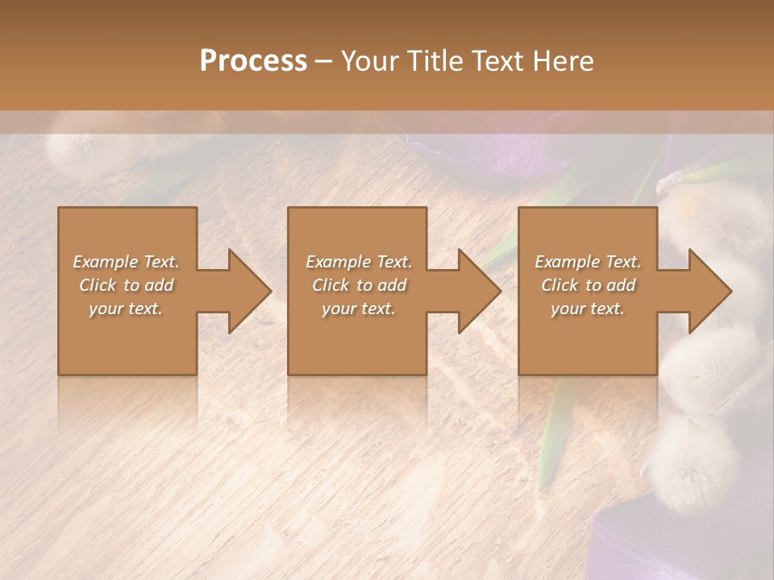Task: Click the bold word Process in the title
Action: click(253, 61)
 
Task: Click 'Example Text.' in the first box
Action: click(126, 262)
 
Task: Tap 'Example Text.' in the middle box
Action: click(359, 262)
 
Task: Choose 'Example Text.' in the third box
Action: click(588, 262)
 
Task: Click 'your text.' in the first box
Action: click(126, 309)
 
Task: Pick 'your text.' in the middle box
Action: click(359, 309)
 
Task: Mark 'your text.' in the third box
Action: click(588, 309)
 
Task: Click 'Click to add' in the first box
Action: click(126, 285)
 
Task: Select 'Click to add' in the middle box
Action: click(359, 285)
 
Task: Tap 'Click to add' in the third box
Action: click(588, 285)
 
